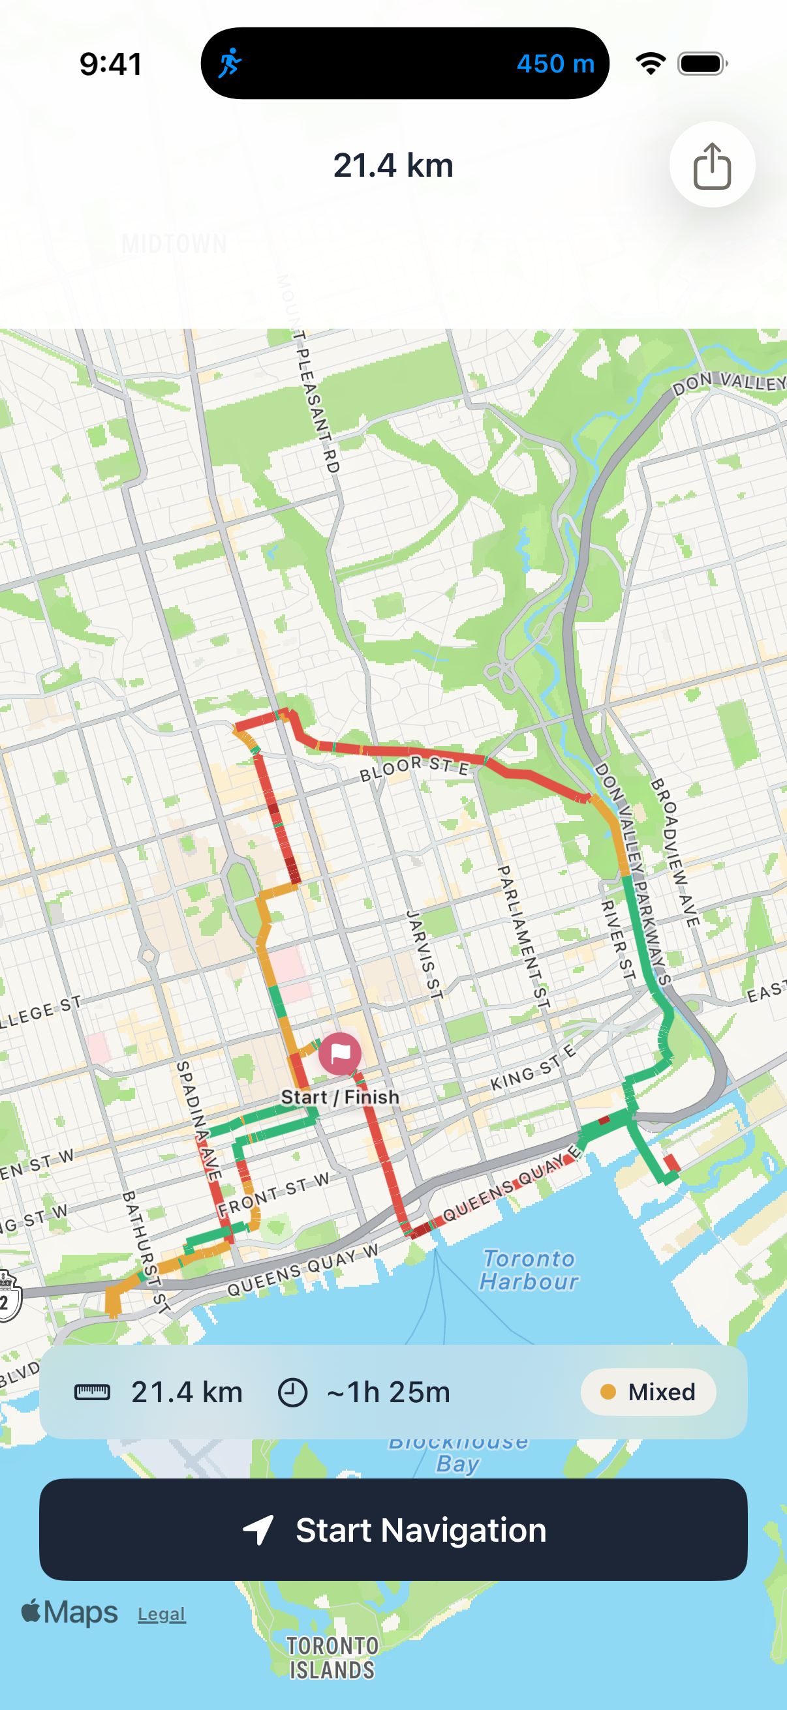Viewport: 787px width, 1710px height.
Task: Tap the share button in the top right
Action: pyautogui.click(x=711, y=164)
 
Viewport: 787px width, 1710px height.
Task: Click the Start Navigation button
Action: pyautogui.click(x=393, y=1529)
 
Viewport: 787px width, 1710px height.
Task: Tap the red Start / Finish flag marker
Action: pyautogui.click(x=340, y=1053)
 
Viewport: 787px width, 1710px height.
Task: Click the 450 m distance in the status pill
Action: pyautogui.click(x=555, y=64)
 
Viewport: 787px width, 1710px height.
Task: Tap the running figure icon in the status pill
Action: pyautogui.click(x=230, y=64)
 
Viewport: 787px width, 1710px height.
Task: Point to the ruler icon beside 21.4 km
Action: pyautogui.click(x=92, y=1392)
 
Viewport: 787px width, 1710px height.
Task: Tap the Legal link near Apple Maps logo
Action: pyautogui.click(x=161, y=1613)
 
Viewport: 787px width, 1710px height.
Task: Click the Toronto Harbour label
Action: pyautogui.click(x=529, y=1269)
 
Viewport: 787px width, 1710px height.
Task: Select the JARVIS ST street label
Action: pyautogui.click(x=424, y=955)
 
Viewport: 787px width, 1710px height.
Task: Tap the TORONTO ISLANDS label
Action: pyautogui.click(x=332, y=1657)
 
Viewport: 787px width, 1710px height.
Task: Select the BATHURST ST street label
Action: pyautogui.click(x=147, y=1252)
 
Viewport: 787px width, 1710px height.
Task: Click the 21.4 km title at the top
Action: pyautogui.click(x=393, y=165)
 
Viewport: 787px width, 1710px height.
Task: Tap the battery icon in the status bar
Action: pyautogui.click(x=702, y=64)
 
